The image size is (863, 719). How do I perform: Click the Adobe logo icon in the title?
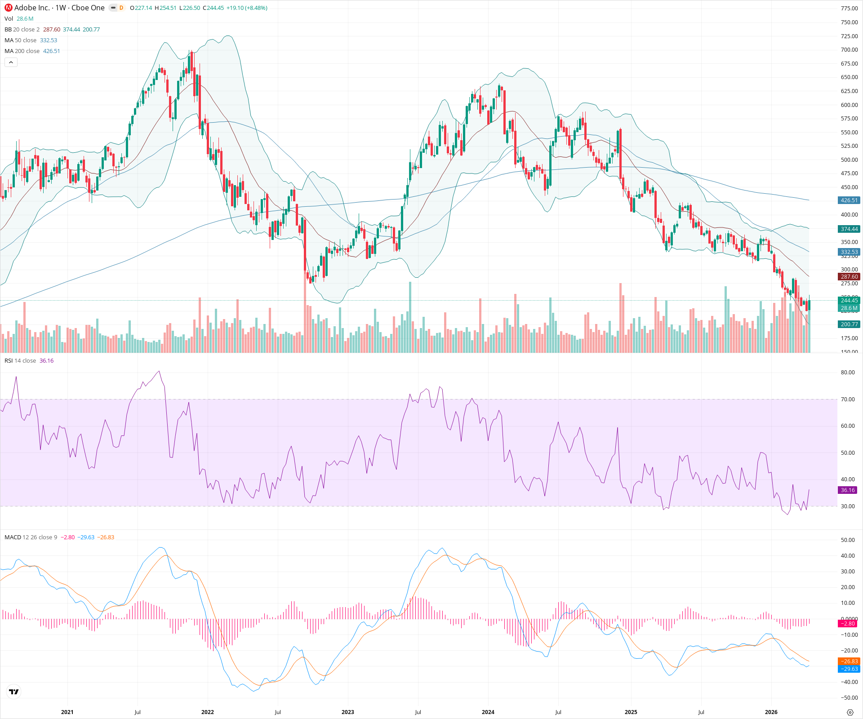click(x=8, y=8)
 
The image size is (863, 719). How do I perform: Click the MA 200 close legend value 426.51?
click(x=51, y=51)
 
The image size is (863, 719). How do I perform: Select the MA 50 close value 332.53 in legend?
click(x=49, y=40)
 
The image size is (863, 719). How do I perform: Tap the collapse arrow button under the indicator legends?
click(x=11, y=62)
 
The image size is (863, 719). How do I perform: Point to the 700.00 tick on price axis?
click(x=849, y=50)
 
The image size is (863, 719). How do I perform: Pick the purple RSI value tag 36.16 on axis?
click(x=848, y=490)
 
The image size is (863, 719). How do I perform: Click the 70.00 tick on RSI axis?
click(x=848, y=399)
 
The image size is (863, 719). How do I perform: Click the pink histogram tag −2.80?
click(x=848, y=624)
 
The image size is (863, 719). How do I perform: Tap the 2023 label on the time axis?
click(x=347, y=712)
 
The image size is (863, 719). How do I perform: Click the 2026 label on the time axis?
click(x=771, y=712)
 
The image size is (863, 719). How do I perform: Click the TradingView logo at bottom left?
click(x=14, y=692)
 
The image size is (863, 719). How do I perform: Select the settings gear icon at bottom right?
click(x=850, y=712)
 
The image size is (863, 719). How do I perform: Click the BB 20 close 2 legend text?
click(x=22, y=30)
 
